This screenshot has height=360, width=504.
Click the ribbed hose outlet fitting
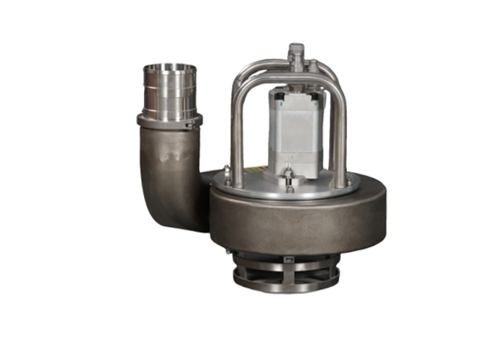169,92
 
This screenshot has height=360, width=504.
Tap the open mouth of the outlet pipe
169,68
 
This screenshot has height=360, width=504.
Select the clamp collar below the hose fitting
169,121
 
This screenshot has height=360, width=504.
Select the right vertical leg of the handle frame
341,133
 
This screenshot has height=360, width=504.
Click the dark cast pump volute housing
302,220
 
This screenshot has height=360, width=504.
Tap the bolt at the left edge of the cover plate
227,172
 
